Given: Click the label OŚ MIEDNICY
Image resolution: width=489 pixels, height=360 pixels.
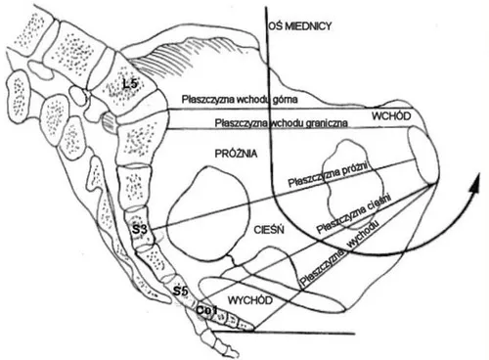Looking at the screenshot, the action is (300, 26).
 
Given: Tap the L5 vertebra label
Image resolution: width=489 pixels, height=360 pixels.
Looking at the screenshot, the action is (130, 84).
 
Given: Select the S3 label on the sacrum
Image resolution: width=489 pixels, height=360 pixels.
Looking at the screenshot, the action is (140, 230).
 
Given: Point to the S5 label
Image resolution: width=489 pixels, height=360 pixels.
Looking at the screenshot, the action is (180, 292).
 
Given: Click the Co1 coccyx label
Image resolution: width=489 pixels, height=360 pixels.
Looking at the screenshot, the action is (206, 310).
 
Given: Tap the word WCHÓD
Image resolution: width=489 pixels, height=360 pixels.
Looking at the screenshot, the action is (391, 116).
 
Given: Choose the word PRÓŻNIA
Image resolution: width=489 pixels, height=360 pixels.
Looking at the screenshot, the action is (237, 154).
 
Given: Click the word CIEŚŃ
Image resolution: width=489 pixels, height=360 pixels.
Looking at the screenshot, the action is (269, 230).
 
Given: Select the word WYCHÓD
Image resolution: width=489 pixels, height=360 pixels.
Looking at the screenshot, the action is (250, 300).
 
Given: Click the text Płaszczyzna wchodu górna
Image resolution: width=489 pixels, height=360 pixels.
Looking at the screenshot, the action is (240, 99).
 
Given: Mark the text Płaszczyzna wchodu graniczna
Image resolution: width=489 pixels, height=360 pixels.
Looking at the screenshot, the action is (281, 123).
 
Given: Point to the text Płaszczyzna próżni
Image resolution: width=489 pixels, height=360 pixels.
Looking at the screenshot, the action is (328, 174).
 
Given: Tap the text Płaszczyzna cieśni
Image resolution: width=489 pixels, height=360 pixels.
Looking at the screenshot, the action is (354, 214).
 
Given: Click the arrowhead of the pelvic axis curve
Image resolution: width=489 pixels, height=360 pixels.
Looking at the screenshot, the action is (475, 183).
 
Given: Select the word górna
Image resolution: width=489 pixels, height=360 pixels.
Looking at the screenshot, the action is (285, 99).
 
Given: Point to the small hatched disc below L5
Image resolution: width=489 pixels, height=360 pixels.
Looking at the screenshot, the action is (108, 122).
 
